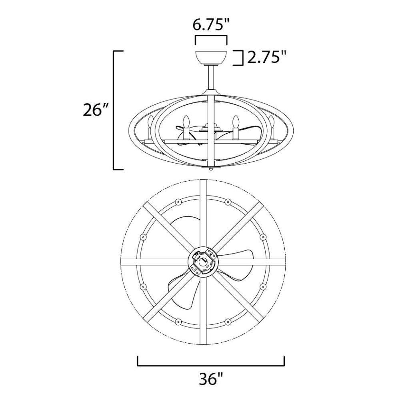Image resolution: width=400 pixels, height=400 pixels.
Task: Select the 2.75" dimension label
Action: (266, 57)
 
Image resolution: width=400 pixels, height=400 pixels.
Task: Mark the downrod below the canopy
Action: (211, 78)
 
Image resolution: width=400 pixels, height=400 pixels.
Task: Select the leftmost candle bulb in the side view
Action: (151, 122)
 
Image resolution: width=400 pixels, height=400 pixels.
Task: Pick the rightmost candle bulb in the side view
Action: (271, 122)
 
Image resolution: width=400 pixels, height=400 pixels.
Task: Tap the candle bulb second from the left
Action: (186, 122)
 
